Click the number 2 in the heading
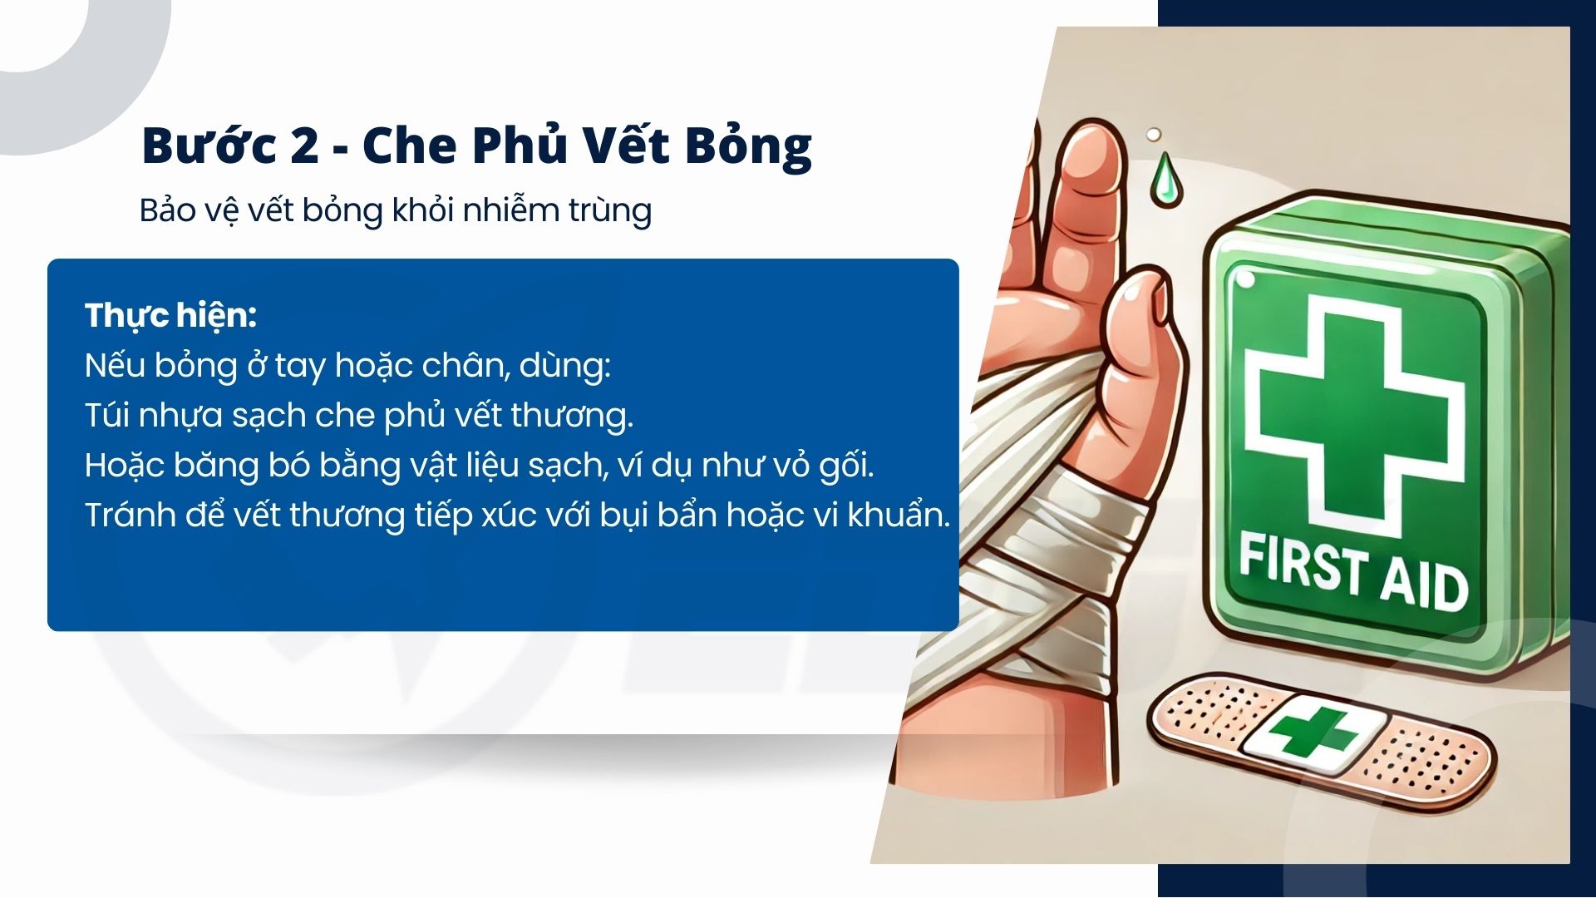[304, 146]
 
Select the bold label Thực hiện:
[170, 316]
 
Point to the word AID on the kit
[1424, 584]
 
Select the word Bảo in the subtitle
[167, 210]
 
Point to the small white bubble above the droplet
[1154, 135]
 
